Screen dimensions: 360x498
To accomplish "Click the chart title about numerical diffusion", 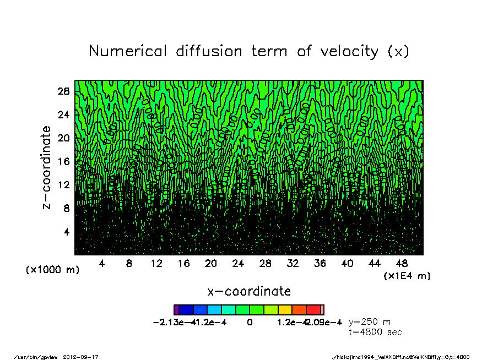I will tap(249, 51).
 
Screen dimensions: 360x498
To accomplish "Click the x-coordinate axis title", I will tap(249, 291).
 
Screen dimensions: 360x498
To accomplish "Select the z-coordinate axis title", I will tap(47, 167).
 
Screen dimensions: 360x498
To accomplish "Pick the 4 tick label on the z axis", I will tap(67, 232).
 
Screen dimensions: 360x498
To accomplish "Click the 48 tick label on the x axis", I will tap(402, 264).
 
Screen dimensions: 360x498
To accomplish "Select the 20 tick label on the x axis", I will tap(210, 264).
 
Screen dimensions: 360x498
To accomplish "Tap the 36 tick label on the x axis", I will tap(320, 264).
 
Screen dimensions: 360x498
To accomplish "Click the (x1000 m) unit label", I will tap(53, 270).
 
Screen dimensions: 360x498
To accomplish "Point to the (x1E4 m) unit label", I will tap(407, 276).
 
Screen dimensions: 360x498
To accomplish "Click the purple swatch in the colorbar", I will tap(176, 310).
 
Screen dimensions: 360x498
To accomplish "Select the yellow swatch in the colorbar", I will tap(285, 310).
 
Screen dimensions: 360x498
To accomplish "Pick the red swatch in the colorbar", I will tap(313, 310).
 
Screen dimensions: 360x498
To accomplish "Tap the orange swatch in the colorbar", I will tap(299, 310).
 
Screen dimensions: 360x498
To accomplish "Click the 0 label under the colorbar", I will tap(250, 323).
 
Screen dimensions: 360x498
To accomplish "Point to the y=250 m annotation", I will tap(370, 322).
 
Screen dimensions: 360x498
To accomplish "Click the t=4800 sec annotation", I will tap(375, 332).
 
